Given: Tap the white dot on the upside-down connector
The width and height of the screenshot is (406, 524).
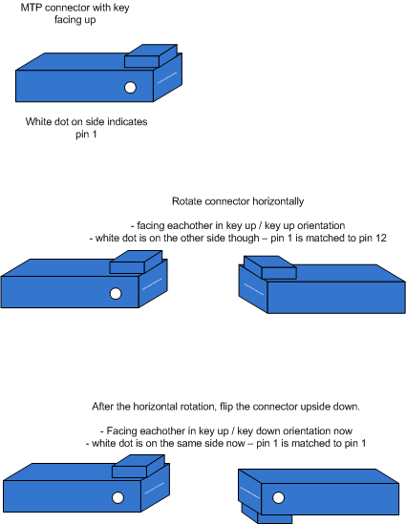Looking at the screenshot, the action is point(278,497).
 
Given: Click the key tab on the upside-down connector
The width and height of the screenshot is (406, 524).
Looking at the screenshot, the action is point(267,514).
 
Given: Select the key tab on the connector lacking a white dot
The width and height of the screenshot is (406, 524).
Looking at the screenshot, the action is point(270,267).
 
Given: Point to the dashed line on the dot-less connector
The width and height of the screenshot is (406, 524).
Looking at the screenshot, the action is point(254,289).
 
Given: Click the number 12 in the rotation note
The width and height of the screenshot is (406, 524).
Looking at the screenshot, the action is point(381,239).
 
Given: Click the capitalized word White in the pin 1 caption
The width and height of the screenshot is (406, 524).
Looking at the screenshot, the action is point(36,121).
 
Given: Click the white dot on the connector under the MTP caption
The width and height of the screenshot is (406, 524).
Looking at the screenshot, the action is point(130,87).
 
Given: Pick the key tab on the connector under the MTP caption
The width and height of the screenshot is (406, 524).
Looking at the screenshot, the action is point(151,55).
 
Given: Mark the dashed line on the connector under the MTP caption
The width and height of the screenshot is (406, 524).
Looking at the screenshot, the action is point(167,77).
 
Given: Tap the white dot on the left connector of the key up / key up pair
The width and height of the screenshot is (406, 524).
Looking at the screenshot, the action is point(116,293).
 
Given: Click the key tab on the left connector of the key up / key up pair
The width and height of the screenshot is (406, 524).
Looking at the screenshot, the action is point(136,262).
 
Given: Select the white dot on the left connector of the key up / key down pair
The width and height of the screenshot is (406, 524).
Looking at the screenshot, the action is point(118,497).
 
